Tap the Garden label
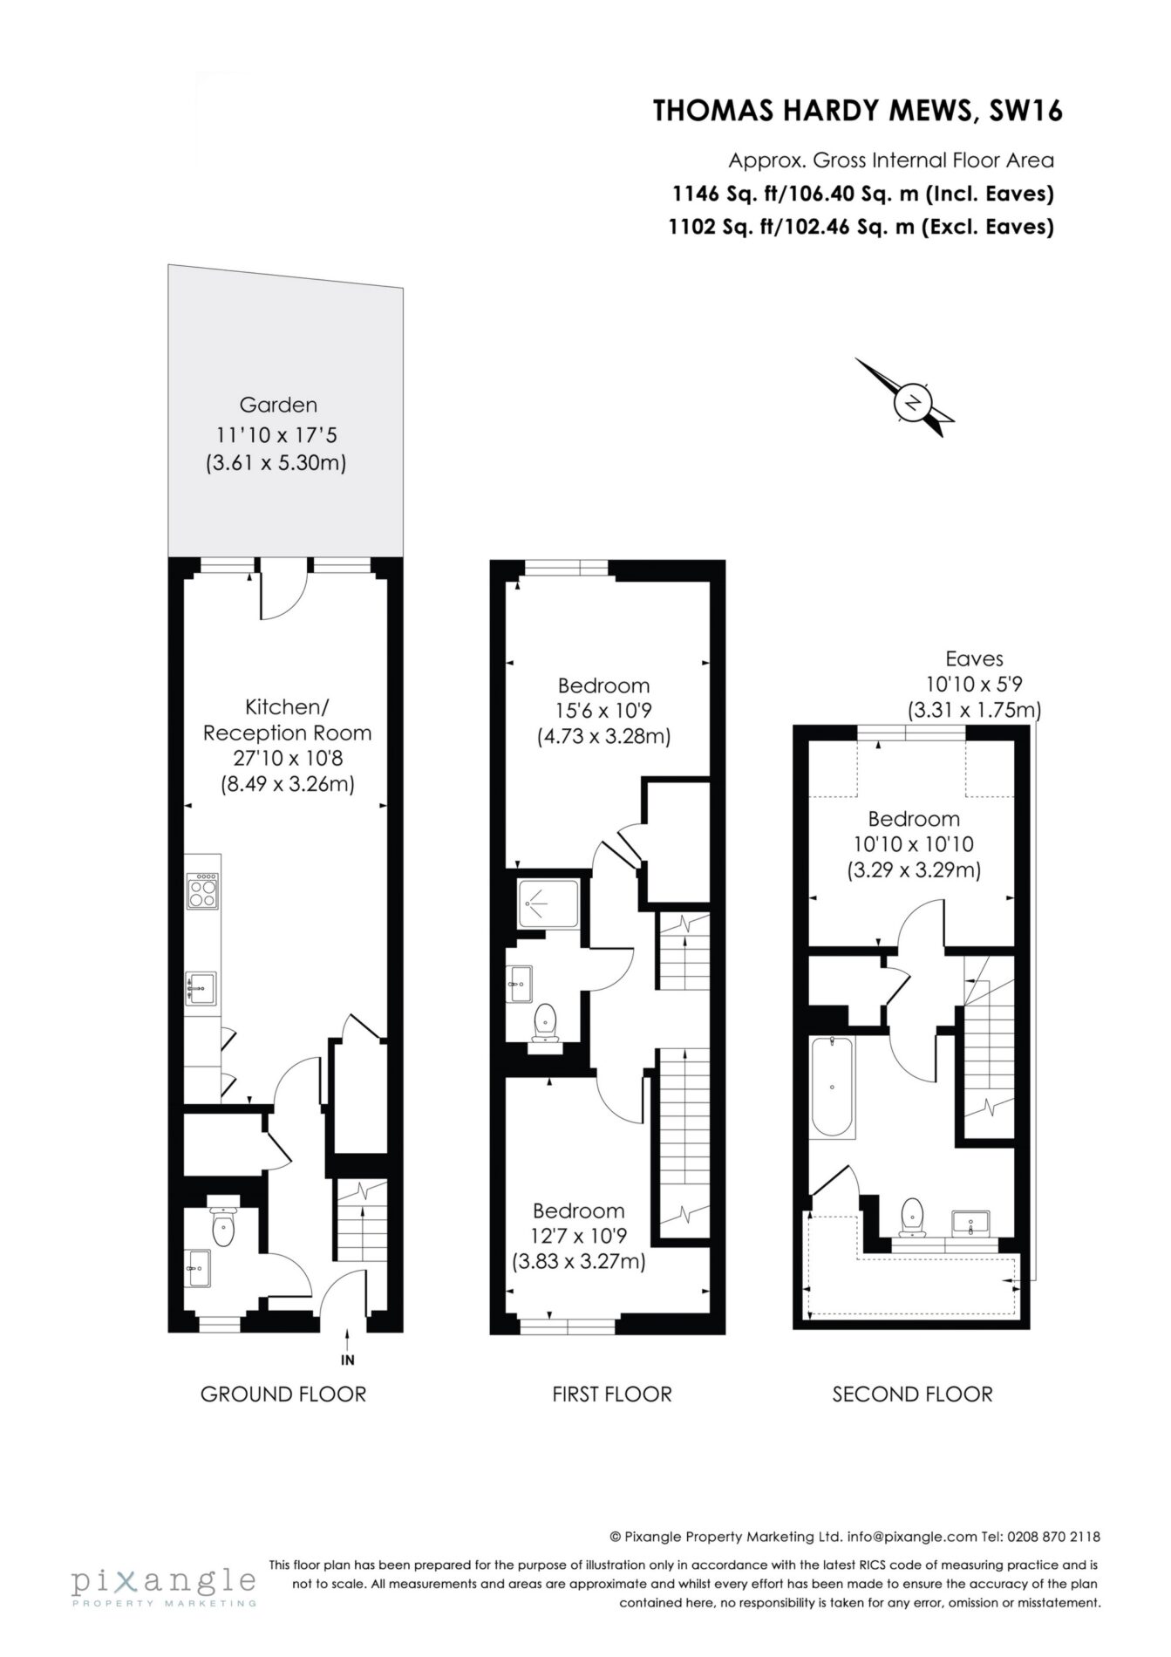point(278,405)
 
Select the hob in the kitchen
point(202,890)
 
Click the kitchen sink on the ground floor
point(201,988)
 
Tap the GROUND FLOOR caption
point(283,1394)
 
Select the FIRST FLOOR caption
point(612,1394)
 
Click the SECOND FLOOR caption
point(912,1394)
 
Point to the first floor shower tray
point(548,904)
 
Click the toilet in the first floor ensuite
point(546,1022)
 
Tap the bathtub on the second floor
point(832,1087)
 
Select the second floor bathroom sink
point(970,1223)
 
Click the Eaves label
point(974,659)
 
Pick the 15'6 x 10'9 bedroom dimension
point(603,711)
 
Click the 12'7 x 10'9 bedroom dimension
point(579,1236)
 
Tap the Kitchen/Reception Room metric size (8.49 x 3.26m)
point(288,784)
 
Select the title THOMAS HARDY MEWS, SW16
point(858,112)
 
